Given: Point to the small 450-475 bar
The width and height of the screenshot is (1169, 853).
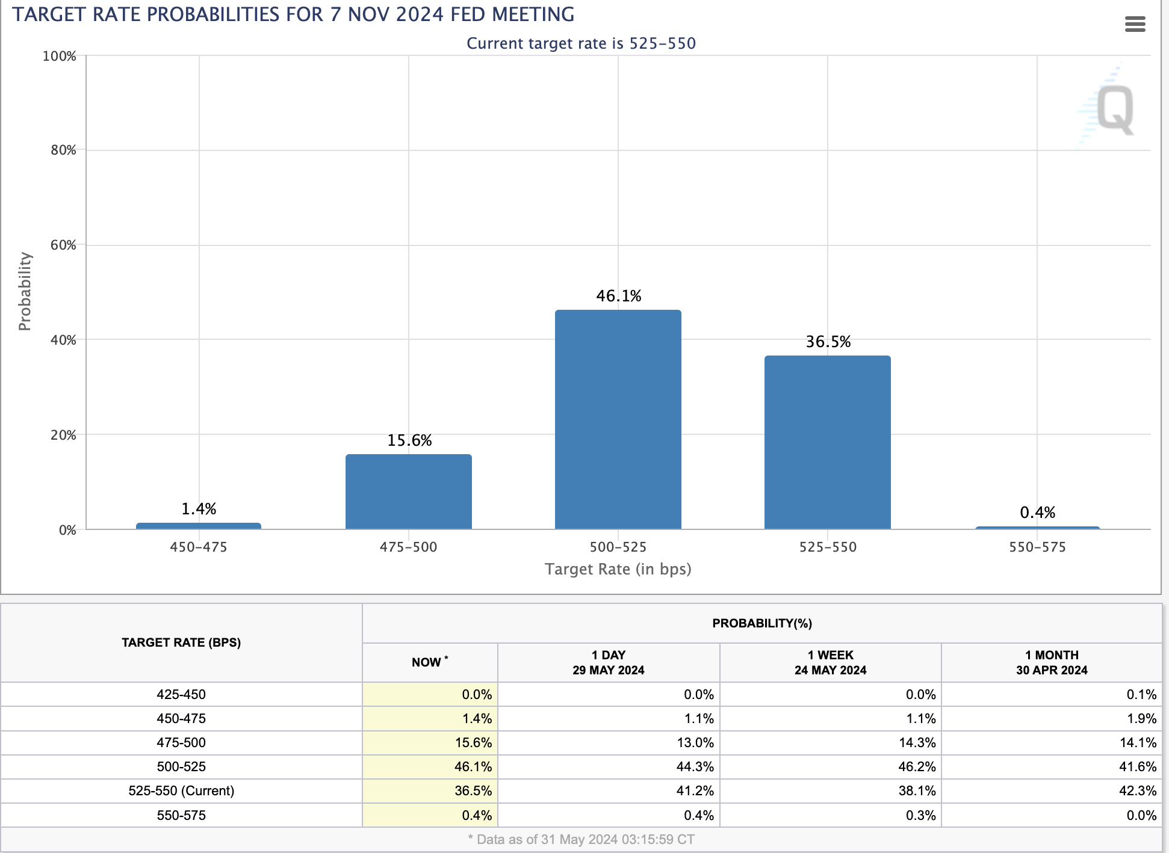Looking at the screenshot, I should coord(199,526).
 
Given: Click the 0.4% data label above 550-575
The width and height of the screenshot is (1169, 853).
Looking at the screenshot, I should coord(1037,513).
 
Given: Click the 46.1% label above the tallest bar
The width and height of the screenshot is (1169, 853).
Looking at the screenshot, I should coord(618,296).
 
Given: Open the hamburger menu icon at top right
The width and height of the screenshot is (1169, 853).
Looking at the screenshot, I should coord(1135,24).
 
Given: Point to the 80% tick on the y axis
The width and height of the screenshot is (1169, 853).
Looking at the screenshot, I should coord(63,150).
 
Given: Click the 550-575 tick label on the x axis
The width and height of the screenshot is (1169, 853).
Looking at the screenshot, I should coord(1037,547).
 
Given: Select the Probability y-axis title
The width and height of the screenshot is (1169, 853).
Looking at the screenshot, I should coord(25,291).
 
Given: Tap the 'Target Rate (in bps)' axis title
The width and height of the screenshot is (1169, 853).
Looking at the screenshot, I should coord(618,569).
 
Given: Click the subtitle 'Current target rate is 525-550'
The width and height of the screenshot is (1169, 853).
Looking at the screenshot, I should coord(581,43).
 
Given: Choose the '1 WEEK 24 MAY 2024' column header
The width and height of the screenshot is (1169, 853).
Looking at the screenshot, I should coord(830,662).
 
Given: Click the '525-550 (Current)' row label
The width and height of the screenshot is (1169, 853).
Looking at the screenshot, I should coord(181,790).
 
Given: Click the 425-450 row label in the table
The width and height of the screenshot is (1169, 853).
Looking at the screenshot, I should coord(181,694).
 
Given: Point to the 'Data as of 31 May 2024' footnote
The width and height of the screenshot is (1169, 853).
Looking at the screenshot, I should coord(581,839).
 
